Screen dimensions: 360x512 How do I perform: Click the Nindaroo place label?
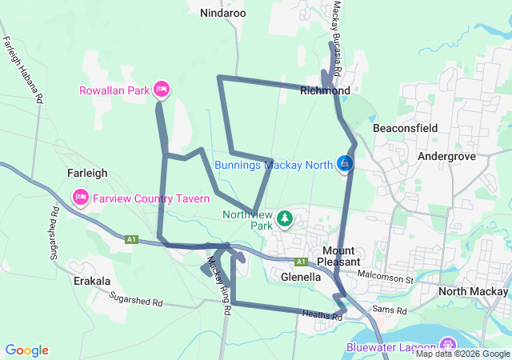(x=223, y=13)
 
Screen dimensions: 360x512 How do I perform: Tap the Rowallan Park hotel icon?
(x=162, y=90)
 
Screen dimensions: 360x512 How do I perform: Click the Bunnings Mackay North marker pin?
(x=345, y=163)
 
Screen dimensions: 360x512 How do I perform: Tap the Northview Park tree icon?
(x=284, y=218)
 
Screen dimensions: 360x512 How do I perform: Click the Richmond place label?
(x=325, y=91)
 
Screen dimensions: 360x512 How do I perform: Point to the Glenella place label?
(x=302, y=277)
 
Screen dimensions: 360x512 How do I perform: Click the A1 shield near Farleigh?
(x=130, y=239)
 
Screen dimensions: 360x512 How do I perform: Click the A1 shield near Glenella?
(x=301, y=262)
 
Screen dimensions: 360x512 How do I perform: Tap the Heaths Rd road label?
(x=322, y=317)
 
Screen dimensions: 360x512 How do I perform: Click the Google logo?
(x=27, y=350)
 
